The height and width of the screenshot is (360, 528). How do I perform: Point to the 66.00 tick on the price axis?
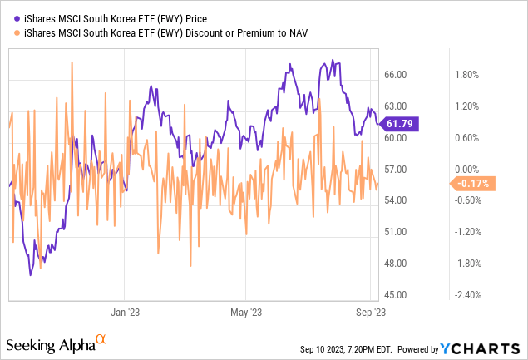pyautogui.click(x=395, y=75)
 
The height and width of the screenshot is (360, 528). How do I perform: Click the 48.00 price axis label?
pyautogui.click(x=395, y=264)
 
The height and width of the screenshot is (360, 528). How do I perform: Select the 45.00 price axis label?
pyautogui.click(x=395, y=295)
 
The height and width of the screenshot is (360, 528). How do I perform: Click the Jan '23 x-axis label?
pyautogui.click(x=124, y=313)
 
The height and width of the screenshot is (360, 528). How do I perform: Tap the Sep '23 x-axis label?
pyautogui.click(x=369, y=313)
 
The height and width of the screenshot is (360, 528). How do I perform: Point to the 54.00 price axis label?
pyautogui.click(x=395, y=200)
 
